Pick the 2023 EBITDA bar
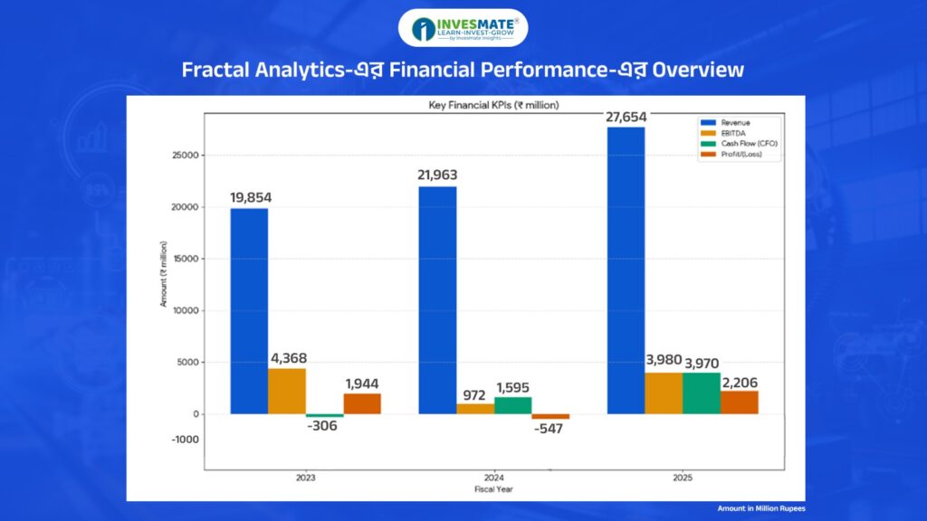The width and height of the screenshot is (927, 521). (287, 391)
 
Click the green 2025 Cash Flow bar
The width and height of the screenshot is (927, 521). (702, 393)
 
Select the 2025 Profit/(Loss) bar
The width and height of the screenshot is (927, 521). (740, 403)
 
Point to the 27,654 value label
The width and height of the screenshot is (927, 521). (626, 116)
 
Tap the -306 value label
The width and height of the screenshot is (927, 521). (323, 425)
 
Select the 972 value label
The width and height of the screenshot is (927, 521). (474, 394)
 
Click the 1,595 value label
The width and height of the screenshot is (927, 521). (514, 387)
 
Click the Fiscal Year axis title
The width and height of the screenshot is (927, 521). (493, 489)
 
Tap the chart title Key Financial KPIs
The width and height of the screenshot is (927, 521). (493, 105)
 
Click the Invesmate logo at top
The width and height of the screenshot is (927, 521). (463, 28)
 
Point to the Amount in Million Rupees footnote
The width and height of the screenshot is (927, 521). (761, 508)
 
